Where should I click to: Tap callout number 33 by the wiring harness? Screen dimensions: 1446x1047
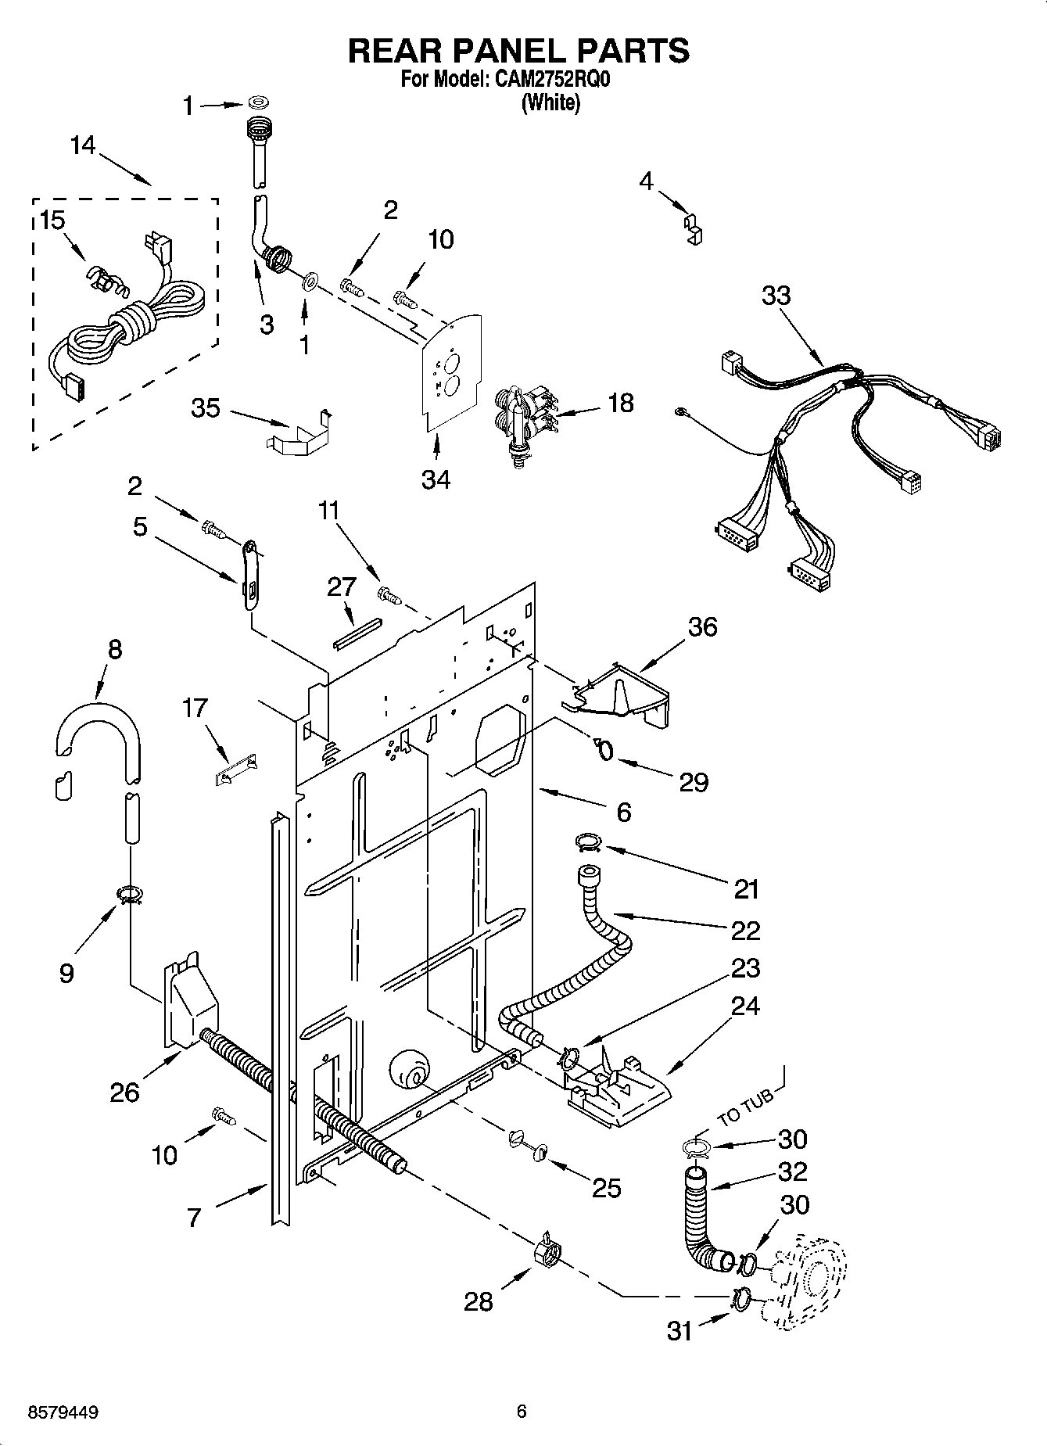click(x=776, y=296)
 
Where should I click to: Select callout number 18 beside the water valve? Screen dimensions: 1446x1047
click(x=620, y=404)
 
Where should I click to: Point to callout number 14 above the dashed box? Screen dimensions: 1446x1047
click(x=83, y=145)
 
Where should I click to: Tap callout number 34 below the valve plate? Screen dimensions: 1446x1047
click(x=436, y=479)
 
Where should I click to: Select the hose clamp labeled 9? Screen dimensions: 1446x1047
click(x=130, y=893)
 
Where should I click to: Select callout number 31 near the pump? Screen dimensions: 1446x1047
click(x=679, y=1329)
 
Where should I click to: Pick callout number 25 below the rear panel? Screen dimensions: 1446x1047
click(x=606, y=1188)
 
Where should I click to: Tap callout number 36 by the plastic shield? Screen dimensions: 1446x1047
click(x=702, y=626)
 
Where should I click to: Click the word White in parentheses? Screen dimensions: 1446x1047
click(x=550, y=102)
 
